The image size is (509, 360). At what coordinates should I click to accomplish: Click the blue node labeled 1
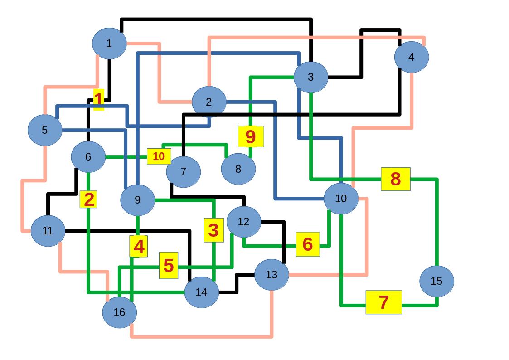(109, 44)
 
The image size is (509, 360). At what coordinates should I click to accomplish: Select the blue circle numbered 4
(411, 57)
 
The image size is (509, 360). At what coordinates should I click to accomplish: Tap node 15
(436, 281)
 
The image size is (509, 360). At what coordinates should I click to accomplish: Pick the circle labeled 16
(119, 312)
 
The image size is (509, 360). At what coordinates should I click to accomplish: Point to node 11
(48, 231)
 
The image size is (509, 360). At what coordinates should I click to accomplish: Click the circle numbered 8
(238, 169)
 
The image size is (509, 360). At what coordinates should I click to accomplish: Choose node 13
(271, 275)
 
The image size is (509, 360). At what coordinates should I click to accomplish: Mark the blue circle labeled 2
(209, 102)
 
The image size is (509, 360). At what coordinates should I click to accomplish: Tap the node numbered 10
(341, 199)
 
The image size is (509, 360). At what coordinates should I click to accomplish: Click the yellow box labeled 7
(384, 302)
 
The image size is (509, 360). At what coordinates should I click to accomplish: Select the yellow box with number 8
(395, 179)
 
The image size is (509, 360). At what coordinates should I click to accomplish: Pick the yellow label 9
(251, 136)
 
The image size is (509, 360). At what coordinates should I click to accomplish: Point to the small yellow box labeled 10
(159, 156)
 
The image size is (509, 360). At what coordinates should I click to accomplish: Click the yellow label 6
(308, 244)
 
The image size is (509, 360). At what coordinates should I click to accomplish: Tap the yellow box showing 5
(169, 265)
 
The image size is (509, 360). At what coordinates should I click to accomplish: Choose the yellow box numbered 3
(213, 230)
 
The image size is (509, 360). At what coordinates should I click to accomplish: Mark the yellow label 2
(88, 199)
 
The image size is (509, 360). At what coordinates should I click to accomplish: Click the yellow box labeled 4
(139, 247)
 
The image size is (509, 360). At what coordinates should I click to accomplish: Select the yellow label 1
(98, 100)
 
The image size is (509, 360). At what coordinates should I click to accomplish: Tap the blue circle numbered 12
(244, 222)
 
